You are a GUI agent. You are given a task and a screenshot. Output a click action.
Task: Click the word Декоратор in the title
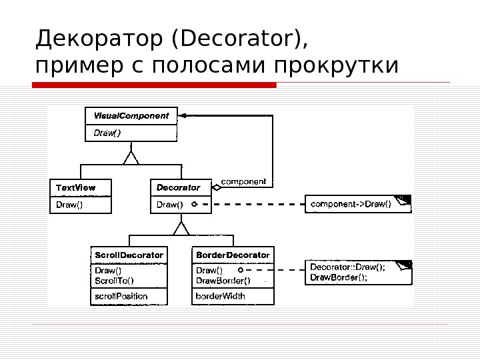pos(101,39)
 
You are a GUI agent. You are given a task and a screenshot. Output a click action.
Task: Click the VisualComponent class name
pos(131,115)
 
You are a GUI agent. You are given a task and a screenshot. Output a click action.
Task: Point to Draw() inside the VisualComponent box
pos(107,132)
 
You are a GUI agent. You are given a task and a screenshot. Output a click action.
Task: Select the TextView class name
pos(75,187)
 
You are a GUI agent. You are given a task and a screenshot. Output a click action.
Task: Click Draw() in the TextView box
pos(69,205)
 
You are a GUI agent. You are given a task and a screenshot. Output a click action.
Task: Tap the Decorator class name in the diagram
pos(178,187)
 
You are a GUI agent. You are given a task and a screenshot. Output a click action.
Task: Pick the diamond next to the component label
pos(216,187)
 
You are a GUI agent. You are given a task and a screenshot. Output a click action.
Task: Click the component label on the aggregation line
pos(243,181)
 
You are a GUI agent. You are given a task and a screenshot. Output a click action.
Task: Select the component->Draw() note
pos(351,203)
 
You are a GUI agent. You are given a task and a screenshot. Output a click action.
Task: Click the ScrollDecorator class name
pos(129,255)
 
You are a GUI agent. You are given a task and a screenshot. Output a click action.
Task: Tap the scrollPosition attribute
pos(121,296)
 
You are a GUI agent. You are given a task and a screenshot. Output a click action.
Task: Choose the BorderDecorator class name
pos(233,255)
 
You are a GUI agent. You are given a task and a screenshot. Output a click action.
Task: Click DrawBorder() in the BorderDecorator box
pos(222,280)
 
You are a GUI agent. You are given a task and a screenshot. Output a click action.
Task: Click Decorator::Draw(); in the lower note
pos(347,268)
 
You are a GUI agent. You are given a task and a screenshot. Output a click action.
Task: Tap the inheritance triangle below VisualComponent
pos(131,158)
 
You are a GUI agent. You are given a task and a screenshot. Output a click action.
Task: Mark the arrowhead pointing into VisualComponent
pos(182,115)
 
